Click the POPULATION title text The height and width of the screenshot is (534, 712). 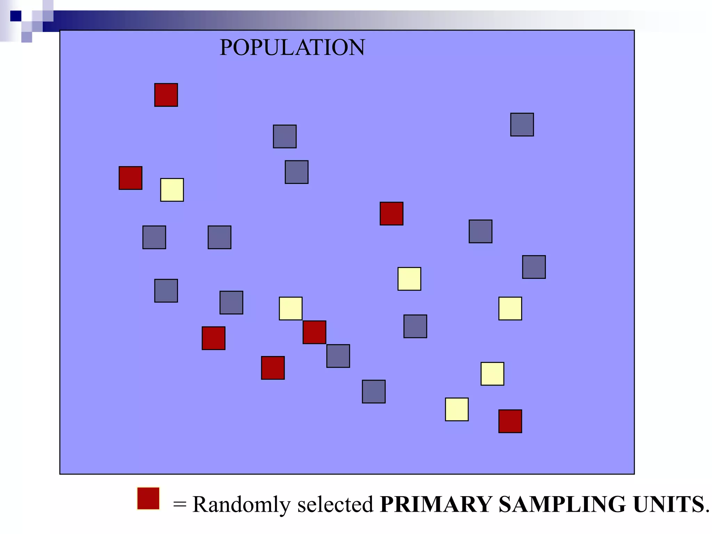(x=292, y=47)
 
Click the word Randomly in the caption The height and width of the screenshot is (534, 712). (x=241, y=504)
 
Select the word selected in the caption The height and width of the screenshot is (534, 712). (x=335, y=504)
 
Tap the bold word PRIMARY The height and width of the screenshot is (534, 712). (x=436, y=504)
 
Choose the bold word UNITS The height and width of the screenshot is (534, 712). (x=669, y=504)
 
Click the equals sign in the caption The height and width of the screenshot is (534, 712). (x=180, y=504)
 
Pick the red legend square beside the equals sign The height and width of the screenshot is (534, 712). (x=148, y=498)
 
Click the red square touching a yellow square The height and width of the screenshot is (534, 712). (x=314, y=332)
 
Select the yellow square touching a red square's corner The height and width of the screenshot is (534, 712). (x=291, y=308)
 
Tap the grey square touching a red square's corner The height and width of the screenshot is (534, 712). (x=338, y=356)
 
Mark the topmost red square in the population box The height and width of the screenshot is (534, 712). (x=166, y=95)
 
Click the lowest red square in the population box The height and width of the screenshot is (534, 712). (x=510, y=421)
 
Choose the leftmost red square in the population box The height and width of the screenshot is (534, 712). (x=130, y=178)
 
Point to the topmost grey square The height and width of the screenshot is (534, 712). (x=522, y=124)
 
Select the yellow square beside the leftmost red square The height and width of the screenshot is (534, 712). (x=172, y=190)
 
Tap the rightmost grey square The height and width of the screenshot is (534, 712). (x=534, y=267)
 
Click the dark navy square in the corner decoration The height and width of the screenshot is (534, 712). (x=16, y=16)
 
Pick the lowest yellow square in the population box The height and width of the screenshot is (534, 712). (x=456, y=410)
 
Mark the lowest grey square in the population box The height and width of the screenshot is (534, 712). (x=374, y=391)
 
